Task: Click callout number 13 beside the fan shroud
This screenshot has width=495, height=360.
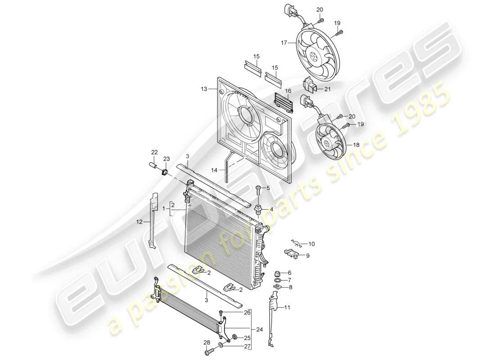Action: point(204,89)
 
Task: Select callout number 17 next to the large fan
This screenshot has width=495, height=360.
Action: point(284,44)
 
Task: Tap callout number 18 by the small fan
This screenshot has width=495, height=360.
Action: point(357,146)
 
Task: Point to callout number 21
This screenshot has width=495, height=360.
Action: point(327,89)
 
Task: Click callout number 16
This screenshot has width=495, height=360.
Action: point(288,91)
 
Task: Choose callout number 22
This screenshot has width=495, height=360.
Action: point(154,152)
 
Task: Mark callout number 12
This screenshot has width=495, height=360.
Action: point(140,222)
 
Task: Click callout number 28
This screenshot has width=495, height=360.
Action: point(207,342)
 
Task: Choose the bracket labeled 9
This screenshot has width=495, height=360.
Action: point(292,254)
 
